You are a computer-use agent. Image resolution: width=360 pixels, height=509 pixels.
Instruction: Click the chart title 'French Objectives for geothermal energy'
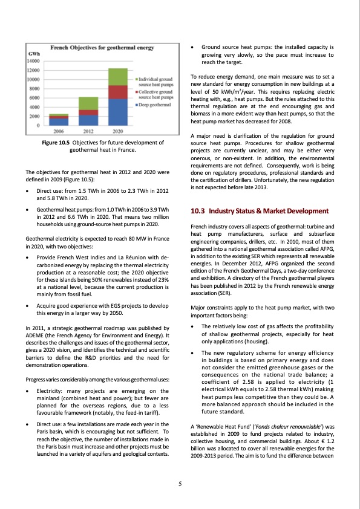pos(100,47)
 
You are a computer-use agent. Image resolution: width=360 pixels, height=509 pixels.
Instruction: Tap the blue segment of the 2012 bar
pos(88,120)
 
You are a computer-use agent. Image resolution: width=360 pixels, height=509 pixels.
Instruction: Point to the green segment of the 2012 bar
pos(88,103)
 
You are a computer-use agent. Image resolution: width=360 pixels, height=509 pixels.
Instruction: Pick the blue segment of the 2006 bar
pos(59,122)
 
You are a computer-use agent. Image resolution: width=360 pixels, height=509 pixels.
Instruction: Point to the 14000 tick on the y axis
pos(33,61)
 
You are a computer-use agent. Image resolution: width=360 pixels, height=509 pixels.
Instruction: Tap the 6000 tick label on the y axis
pos(34,98)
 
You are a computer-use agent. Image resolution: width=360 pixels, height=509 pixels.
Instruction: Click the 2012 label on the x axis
pos(88,131)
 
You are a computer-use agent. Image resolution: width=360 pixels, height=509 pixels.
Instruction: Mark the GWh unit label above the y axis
pos(34,54)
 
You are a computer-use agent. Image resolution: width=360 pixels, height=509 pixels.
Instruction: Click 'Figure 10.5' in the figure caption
pos(56,143)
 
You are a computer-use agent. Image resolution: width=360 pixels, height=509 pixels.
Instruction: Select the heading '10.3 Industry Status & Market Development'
pos(259,211)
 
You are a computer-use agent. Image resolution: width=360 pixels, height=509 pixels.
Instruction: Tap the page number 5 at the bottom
pos(180,484)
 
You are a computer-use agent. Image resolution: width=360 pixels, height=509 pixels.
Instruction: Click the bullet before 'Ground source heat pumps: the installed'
pos(192,47)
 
